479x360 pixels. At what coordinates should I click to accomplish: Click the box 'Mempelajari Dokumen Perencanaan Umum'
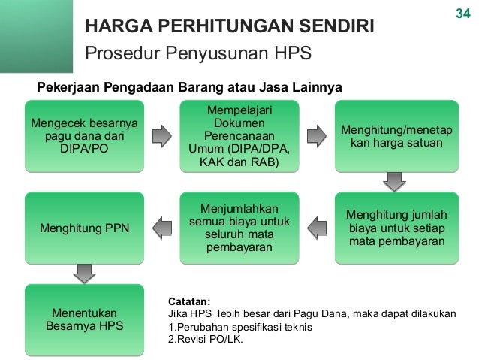238,136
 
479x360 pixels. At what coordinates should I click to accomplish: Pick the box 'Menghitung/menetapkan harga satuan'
396,136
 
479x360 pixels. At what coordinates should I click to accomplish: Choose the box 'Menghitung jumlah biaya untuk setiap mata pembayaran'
396,228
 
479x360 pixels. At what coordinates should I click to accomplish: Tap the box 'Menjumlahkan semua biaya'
238,228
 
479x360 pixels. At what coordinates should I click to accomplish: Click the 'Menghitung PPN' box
84,228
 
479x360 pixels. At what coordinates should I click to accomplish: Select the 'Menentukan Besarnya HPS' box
84,319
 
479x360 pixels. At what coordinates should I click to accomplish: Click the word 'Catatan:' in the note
190,301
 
